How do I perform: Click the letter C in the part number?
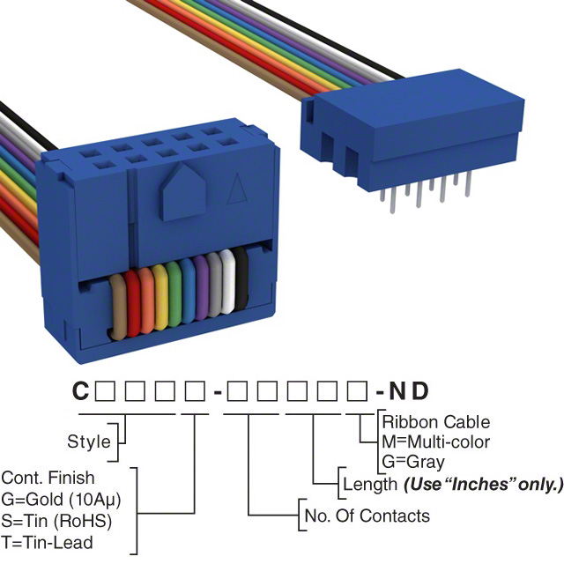(80, 390)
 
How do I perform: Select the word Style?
(89, 442)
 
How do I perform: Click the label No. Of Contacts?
(367, 516)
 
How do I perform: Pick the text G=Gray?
(413, 461)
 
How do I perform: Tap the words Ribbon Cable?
(436, 422)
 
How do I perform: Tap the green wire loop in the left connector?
(175, 293)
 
